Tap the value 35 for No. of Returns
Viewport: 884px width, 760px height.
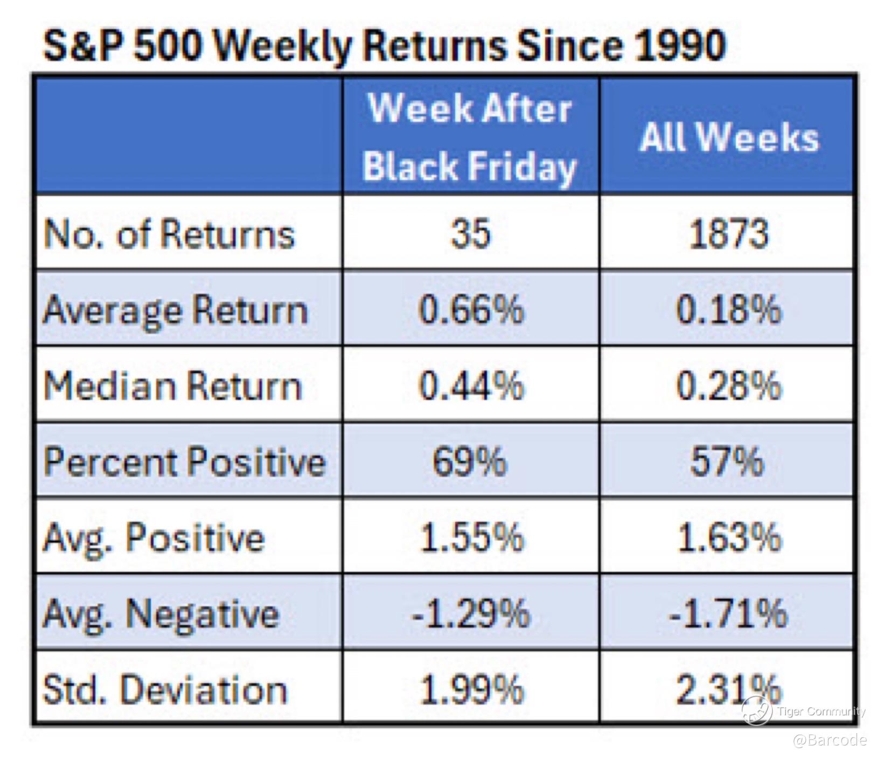point(471,234)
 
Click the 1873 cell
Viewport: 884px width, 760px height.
point(728,234)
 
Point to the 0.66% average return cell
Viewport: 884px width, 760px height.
point(471,310)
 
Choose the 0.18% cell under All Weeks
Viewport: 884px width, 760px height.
point(728,310)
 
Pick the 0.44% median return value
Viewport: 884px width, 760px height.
point(471,386)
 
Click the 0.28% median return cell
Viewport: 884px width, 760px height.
point(728,386)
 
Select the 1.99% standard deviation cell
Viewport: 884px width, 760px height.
point(471,689)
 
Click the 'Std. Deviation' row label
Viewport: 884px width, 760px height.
point(165,689)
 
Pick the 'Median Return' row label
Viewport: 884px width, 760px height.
point(172,386)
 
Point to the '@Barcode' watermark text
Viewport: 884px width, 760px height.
point(830,740)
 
